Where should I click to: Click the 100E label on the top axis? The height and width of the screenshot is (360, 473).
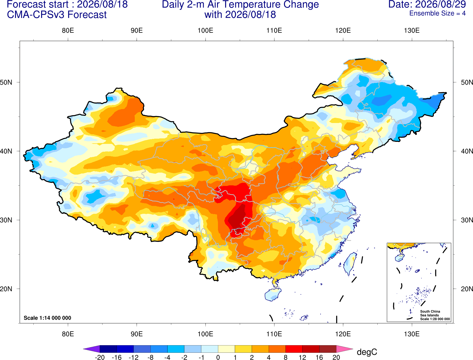(x=205, y=30)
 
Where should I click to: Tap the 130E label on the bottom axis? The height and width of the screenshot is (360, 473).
(x=412, y=334)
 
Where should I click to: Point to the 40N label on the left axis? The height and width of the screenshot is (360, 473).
(x=6, y=151)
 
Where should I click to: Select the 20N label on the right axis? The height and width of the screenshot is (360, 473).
(x=467, y=289)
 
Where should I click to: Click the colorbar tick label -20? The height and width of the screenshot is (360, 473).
(x=100, y=357)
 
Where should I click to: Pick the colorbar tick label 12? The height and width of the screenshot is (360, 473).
(x=302, y=357)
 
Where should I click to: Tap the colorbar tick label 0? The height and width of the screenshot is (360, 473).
(x=218, y=357)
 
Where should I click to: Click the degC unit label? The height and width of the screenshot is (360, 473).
(x=367, y=352)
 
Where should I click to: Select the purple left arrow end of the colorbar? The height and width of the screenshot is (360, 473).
(x=91, y=349)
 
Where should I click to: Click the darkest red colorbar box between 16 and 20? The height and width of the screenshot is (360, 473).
(x=328, y=349)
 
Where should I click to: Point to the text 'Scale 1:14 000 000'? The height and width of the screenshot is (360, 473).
(x=48, y=318)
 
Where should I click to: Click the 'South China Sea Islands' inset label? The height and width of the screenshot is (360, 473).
(x=430, y=313)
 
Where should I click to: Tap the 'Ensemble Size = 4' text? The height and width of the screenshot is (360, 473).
(x=437, y=13)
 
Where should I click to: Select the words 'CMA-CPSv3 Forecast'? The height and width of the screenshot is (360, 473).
(x=57, y=15)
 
